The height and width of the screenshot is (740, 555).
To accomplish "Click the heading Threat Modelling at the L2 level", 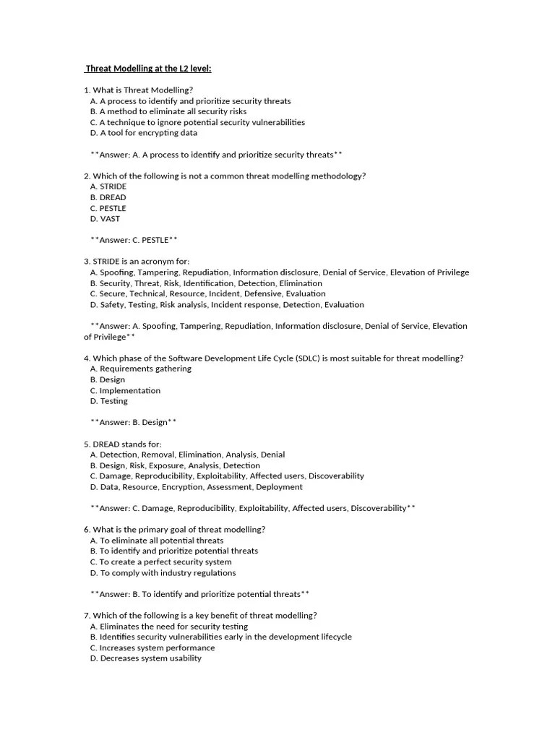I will pyautogui.click(x=148, y=69).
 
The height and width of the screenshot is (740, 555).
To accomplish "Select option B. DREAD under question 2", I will pyautogui.click(x=108, y=197).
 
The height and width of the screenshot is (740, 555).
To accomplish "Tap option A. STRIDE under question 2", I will pyautogui.click(x=108, y=186).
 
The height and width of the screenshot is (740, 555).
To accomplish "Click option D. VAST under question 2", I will pyautogui.click(x=105, y=218).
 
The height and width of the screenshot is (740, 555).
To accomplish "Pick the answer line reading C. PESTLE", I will pyautogui.click(x=134, y=240).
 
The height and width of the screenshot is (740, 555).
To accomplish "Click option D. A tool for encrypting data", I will pyautogui.click(x=143, y=133).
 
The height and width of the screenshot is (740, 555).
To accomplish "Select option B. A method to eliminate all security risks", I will pyautogui.click(x=168, y=112).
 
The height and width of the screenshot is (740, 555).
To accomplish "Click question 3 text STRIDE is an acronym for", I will pyautogui.click(x=137, y=262).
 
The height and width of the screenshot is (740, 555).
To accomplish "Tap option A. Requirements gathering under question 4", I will pyautogui.click(x=140, y=369).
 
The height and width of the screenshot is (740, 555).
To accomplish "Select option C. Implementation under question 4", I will pyautogui.click(x=125, y=390).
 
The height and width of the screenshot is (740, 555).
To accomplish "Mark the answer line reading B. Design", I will pyautogui.click(x=134, y=422).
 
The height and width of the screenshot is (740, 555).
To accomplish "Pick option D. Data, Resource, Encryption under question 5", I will pyautogui.click(x=196, y=486).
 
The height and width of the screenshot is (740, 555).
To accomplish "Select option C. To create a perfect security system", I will pyautogui.click(x=160, y=562).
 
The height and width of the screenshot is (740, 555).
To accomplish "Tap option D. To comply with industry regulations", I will pyautogui.click(x=163, y=572).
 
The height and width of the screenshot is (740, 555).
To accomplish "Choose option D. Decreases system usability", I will pyautogui.click(x=145, y=658).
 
